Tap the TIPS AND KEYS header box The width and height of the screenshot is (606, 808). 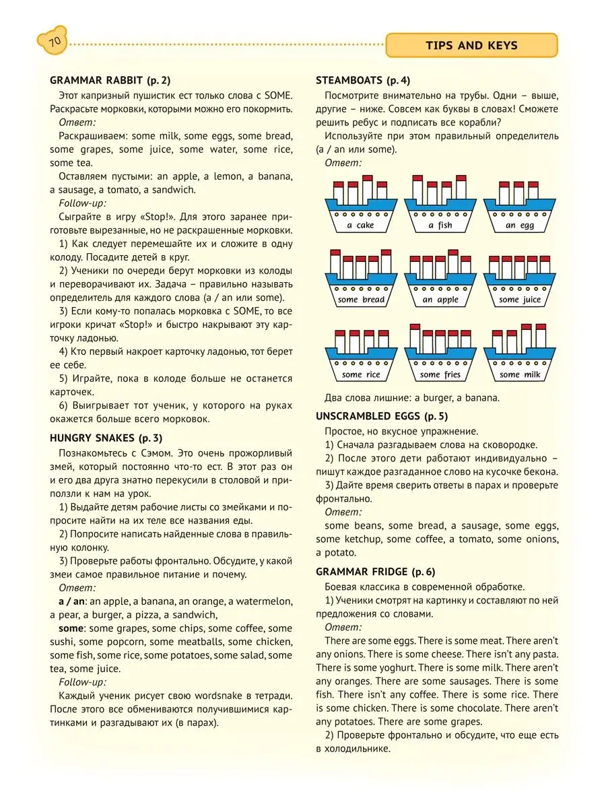tap(471, 46)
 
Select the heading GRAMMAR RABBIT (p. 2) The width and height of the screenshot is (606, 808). tap(110, 80)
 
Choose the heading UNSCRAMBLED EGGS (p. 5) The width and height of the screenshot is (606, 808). tap(382, 415)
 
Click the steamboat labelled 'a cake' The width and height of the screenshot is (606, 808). tap(360, 205)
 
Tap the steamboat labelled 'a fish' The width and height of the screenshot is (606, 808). tap(440, 205)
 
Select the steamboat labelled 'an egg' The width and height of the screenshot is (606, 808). tap(519, 205)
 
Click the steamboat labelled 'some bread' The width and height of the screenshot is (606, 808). tap(360, 279)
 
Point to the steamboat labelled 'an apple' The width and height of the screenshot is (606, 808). tap(440, 279)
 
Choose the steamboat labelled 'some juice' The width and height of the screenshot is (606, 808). tap(519, 279)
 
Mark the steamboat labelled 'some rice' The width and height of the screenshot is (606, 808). tap(360, 355)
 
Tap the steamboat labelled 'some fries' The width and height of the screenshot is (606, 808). tap(440, 355)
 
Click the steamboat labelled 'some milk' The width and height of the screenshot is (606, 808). tap(519, 355)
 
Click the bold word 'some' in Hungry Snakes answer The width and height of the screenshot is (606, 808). tap(71, 628)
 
